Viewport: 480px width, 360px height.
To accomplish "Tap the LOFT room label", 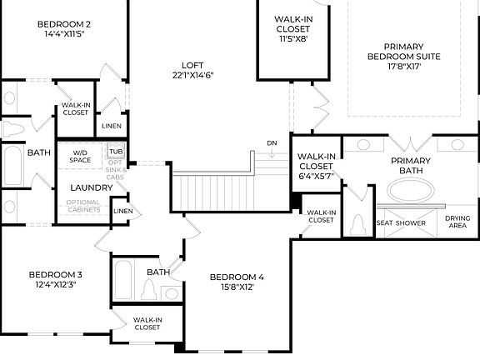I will [192, 66].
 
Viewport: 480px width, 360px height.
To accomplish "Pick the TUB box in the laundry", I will [115, 151].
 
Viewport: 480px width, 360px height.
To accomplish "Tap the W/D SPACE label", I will [81, 156].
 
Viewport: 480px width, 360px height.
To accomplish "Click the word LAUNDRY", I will [91, 187].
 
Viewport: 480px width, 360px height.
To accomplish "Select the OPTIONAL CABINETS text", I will [83, 206].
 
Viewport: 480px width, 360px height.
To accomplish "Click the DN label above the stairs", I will [272, 143].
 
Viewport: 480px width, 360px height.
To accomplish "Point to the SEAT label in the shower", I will [385, 223].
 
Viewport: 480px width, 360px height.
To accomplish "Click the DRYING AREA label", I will [457, 222].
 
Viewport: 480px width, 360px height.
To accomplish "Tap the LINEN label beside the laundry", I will [122, 211].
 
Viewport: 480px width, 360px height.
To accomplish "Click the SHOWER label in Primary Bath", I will [411, 223].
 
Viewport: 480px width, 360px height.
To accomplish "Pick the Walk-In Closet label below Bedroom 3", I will [147, 323].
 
